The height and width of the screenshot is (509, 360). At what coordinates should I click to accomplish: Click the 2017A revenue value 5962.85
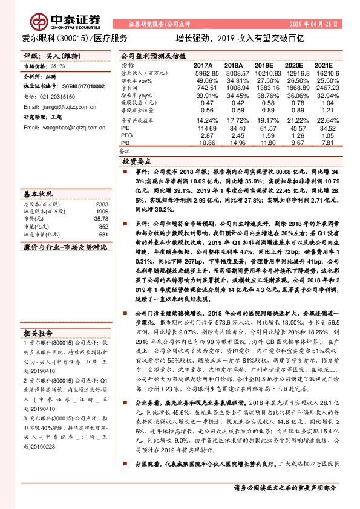click(x=204, y=72)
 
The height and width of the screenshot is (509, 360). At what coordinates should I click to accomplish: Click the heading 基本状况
click(x=38, y=194)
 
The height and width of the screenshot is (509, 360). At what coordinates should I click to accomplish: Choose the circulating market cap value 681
click(x=103, y=234)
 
